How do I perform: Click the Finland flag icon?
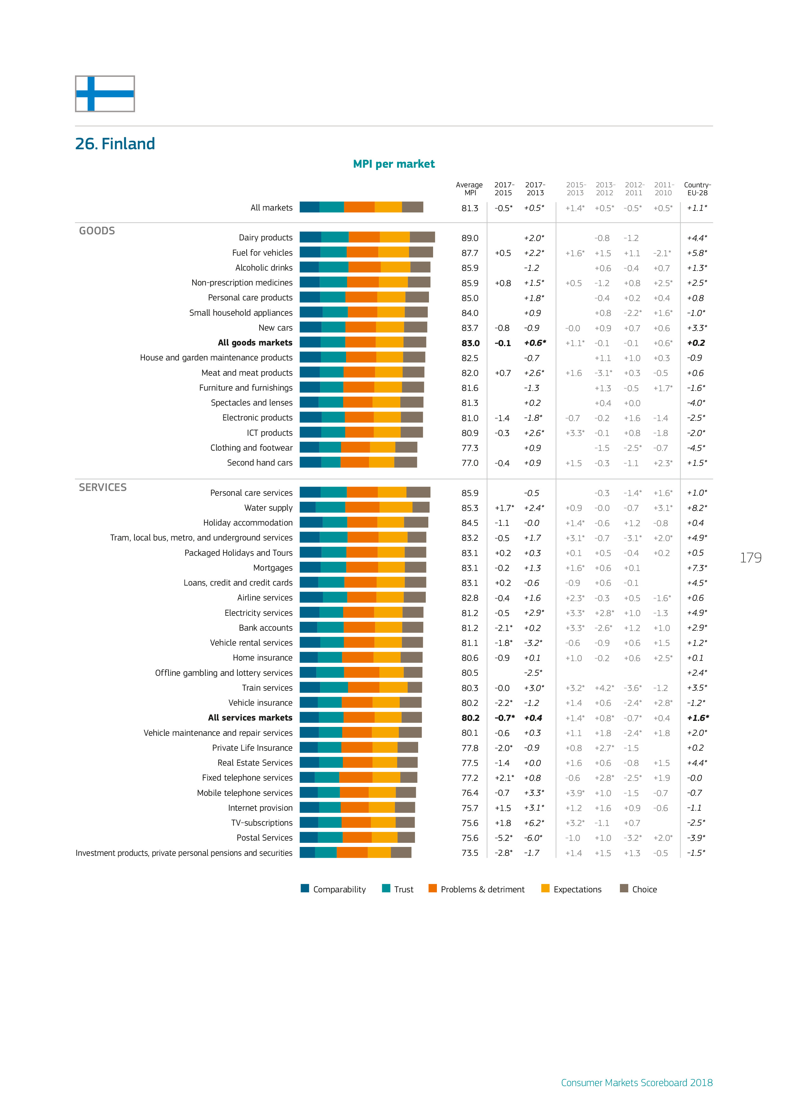point(105,94)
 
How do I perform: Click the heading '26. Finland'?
point(115,144)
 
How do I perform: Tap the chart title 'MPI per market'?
point(394,164)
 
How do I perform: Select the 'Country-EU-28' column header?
point(697,189)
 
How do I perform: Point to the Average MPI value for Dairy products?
point(470,238)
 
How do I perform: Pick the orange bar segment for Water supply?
point(362,507)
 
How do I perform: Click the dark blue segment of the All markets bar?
point(309,207)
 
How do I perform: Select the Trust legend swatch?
point(386,889)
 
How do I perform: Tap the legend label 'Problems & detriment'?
point(482,889)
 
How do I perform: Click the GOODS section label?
point(97,231)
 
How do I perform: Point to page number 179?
point(751,558)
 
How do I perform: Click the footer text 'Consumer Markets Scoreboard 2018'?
point(636,1083)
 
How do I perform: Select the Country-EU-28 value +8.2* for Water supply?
point(697,508)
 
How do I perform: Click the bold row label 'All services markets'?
point(250,718)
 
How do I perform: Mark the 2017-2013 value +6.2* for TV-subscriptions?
point(534,823)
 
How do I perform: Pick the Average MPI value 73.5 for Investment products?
point(470,853)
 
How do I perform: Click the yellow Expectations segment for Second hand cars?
point(381,462)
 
